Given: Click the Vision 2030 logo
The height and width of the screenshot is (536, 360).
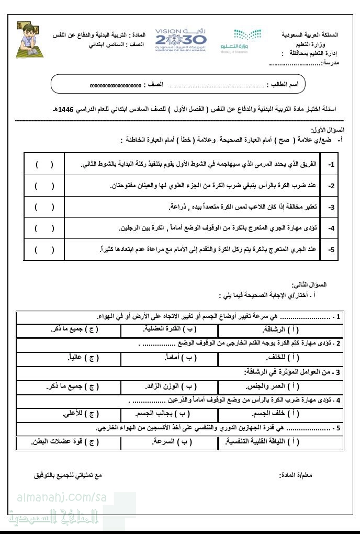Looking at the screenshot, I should (x=181, y=40).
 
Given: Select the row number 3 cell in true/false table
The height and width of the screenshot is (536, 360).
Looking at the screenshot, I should (x=331, y=207).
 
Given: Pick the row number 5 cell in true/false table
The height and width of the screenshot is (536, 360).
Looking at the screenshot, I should (x=331, y=249).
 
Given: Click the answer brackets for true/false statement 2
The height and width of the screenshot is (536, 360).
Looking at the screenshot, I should (x=44, y=186).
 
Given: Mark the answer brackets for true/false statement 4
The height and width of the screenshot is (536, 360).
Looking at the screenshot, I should (x=44, y=228).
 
